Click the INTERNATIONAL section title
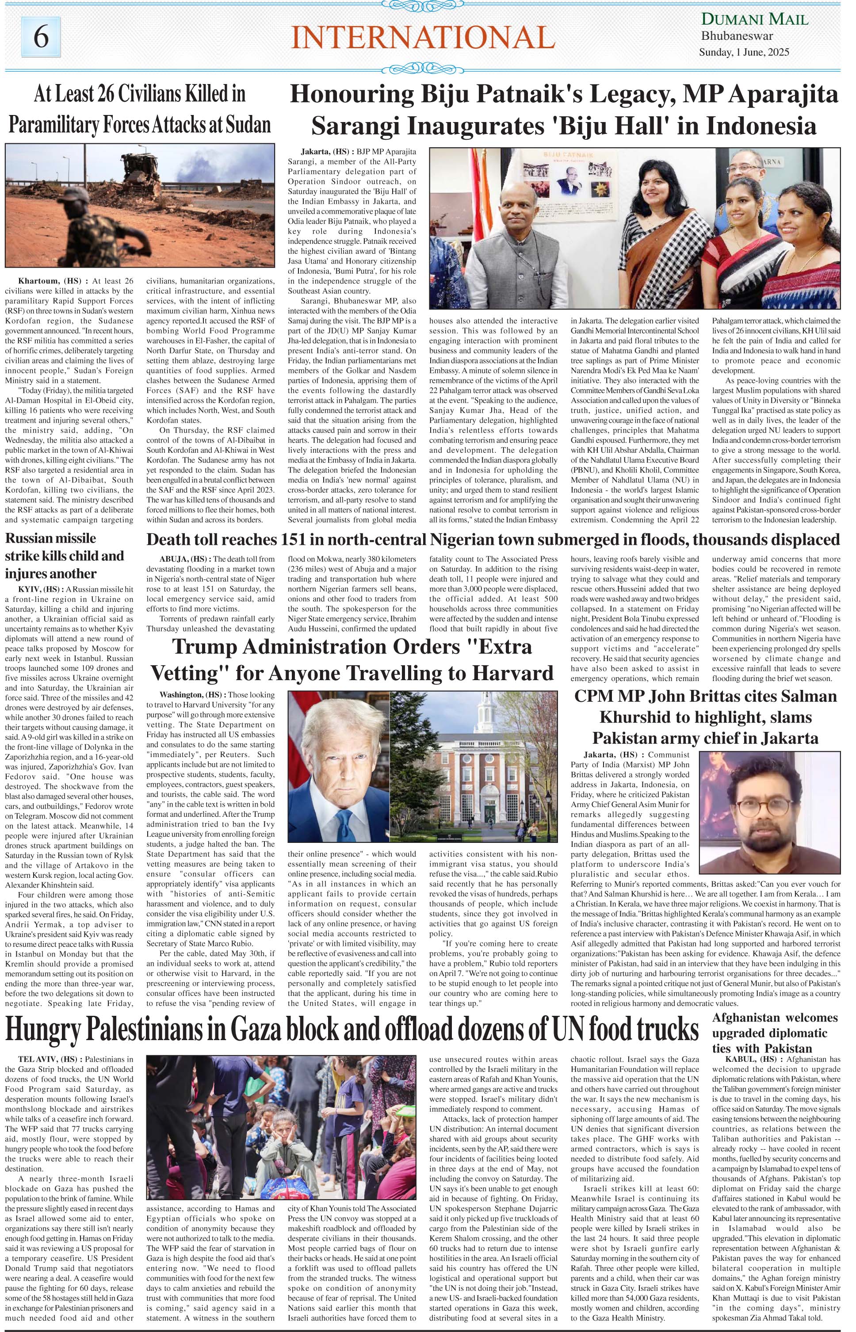click(x=422, y=38)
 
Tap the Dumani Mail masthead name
click(x=754, y=20)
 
